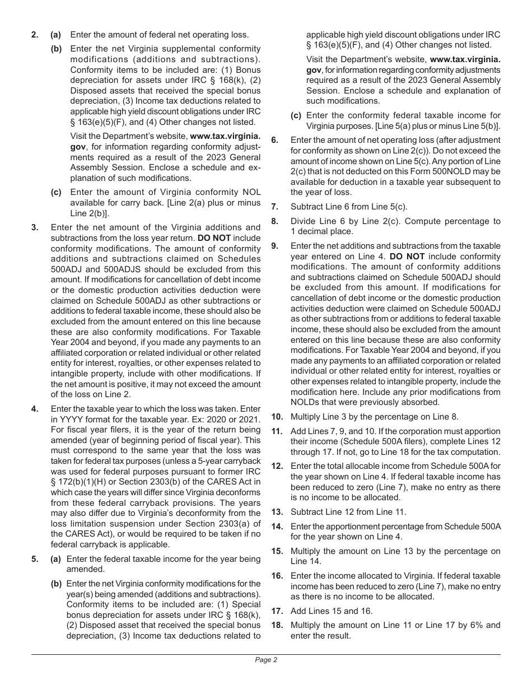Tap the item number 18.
coord(277,625)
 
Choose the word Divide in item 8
coord(303,221)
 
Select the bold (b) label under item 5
coord(56,584)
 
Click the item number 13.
coord(277,511)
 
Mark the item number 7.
coord(274,207)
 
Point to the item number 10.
coord(277,416)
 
